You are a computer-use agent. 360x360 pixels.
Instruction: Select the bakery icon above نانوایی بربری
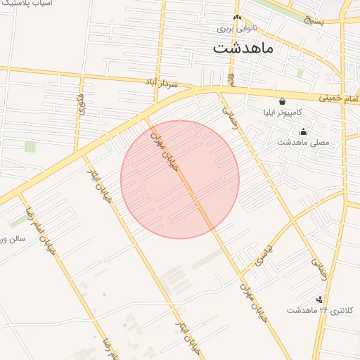coord(237,18)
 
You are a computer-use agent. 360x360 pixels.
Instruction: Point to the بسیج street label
coord(314,20)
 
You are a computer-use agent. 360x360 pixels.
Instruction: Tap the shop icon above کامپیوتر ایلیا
coord(282,101)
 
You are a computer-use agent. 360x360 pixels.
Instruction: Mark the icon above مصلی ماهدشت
coord(303,131)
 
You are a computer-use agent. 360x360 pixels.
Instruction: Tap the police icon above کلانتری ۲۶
coord(319,300)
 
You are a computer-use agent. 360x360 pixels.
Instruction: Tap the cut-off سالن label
coord(13,238)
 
